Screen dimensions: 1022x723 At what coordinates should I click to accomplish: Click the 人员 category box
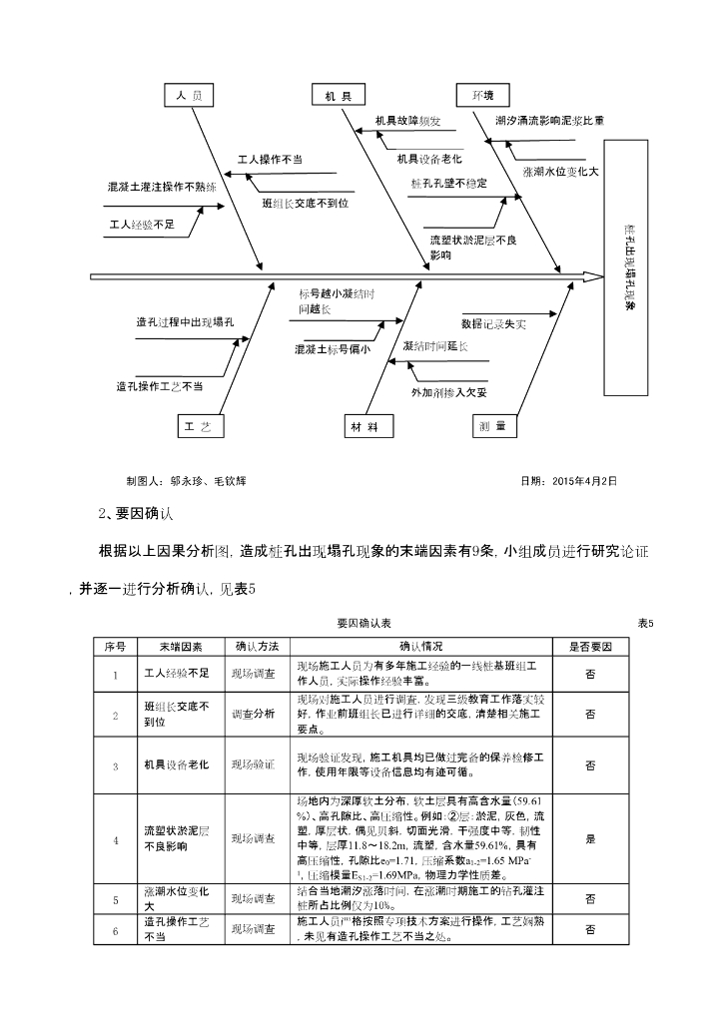pyautogui.click(x=190, y=96)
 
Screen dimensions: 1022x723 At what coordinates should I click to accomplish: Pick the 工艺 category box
pyautogui.click(x=196, y=426)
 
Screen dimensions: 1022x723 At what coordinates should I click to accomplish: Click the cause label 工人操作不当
pyautogui.click(x=270, y=160)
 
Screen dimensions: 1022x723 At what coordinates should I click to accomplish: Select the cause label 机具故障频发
pyautogui.click(x=406, y=121)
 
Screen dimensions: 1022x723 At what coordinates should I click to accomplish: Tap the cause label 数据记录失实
pyautogui.click(x=493, y=324)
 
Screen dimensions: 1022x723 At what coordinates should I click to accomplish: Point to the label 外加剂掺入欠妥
pyautogui.click(x=449, y=392)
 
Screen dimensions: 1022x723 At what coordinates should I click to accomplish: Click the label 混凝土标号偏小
pyautogui.click(x=333, y=350)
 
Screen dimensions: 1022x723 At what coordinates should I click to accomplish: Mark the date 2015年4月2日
pyautogui.click(x=569, y=480)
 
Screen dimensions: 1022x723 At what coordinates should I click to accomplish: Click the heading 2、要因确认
pyautogui.click(x=136, y=514)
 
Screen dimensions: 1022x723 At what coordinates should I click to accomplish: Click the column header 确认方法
pyautogui.click(x=257, y=646)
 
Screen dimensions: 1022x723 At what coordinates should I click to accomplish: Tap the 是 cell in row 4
pyautogui.click(x=590, y=839)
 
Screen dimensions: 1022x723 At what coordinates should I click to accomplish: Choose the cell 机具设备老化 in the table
pyautogui.click(x=176, y=765)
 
